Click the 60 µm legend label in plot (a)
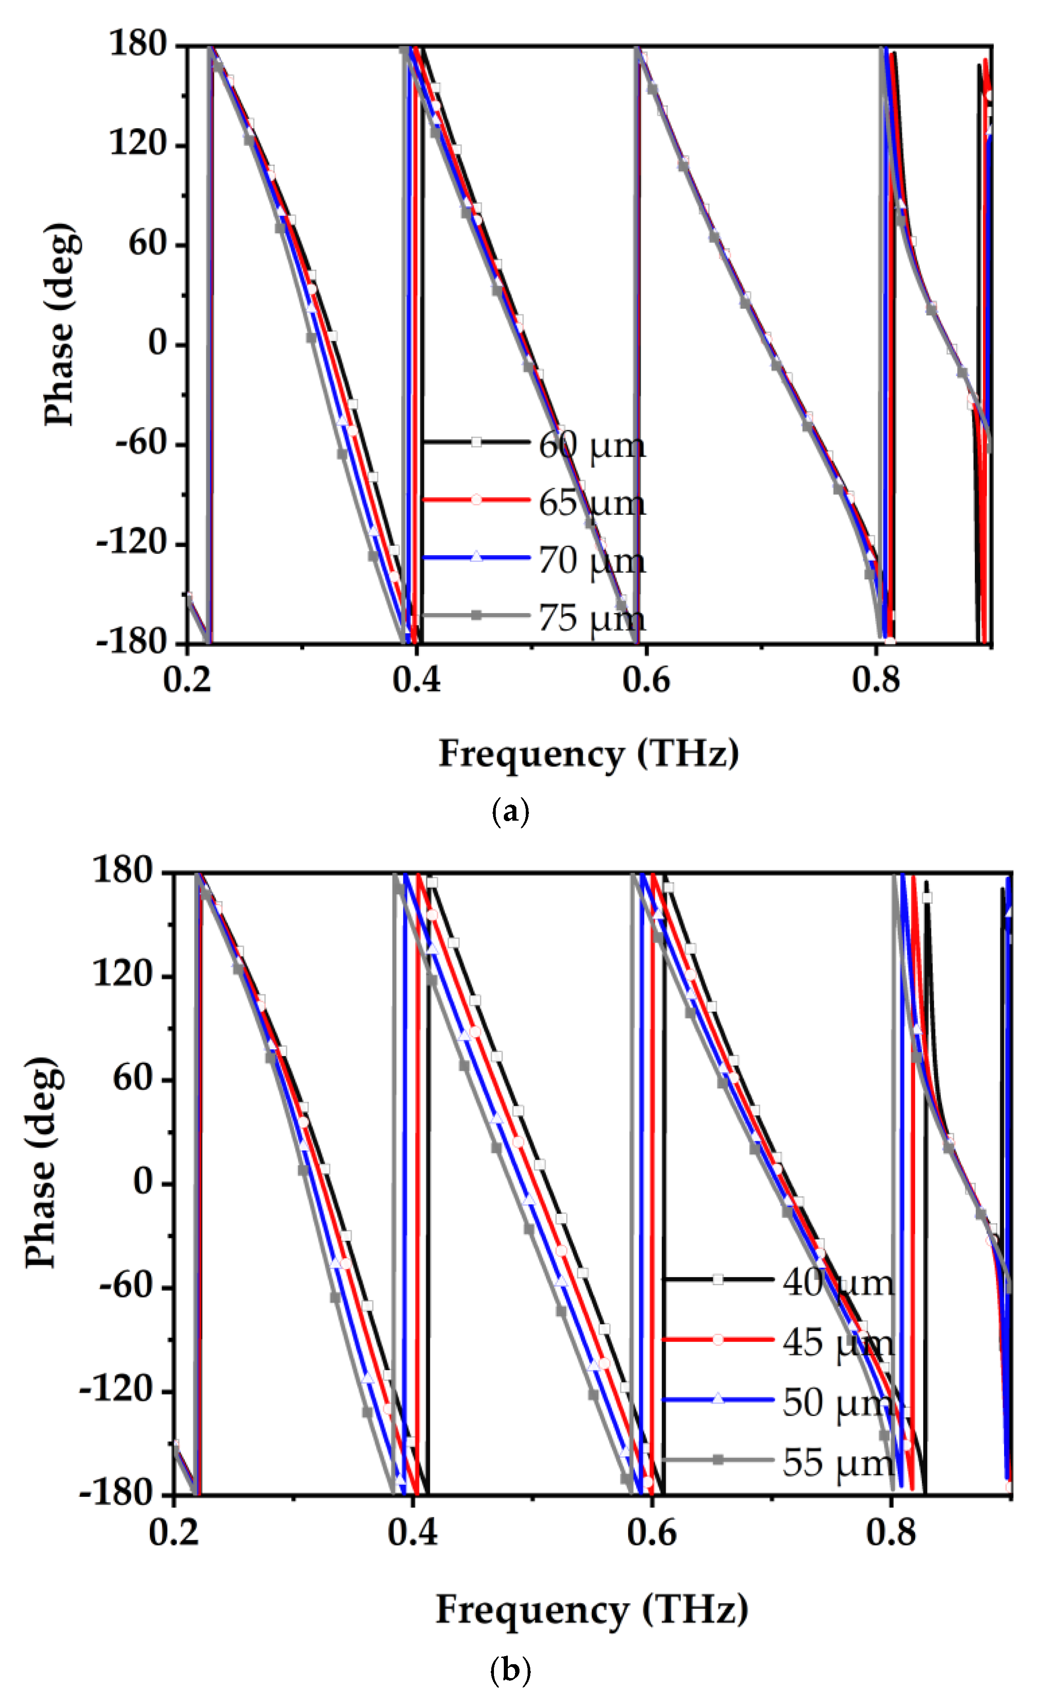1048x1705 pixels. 591,445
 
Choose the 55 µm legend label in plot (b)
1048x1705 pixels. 837,1463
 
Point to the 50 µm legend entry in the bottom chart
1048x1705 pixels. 837,1403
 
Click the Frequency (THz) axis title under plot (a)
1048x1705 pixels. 589,754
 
